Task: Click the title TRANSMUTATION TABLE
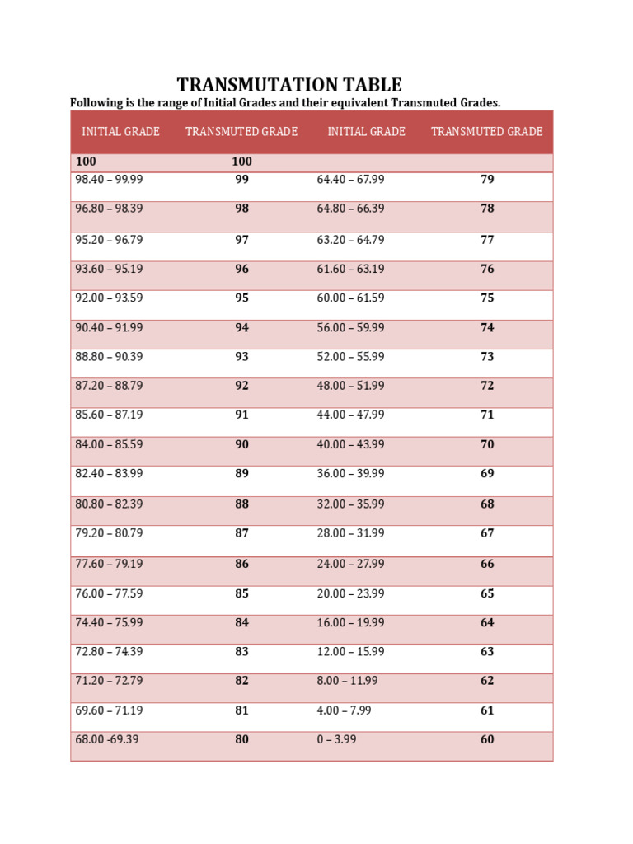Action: click(x=289, y=85)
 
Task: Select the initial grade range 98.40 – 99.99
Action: click(x=109, y=179)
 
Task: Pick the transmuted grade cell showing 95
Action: click(x=241, y=298)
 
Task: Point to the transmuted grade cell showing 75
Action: click(x=487, y=298)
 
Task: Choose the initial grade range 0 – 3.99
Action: click(x=336, y=739)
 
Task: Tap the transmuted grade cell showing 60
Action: click(x=487, y=739)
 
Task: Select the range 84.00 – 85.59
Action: click(x=109, y=444)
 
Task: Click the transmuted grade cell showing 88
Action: click(x=241, y=504)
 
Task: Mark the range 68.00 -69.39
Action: click(x=107, y=739)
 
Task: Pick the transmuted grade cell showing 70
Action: click(x=487, y=444)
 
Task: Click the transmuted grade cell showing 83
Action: click(x=241, y=651)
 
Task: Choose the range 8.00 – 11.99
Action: click(x=347, y=681)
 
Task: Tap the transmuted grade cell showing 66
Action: click(x=487, y=564)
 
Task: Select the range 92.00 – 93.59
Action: click(x=109, y=298)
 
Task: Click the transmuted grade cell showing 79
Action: click(x=487, y=179)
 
